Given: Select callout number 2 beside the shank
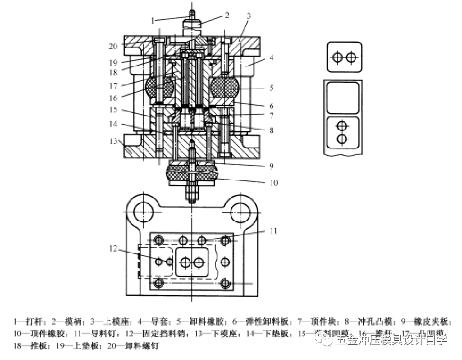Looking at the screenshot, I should [227, 15].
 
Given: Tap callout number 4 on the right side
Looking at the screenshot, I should [271, 58].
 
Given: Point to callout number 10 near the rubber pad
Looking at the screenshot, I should [273, 183].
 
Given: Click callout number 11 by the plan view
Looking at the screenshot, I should [273, 231].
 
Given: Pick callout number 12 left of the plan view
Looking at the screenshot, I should [114, 249].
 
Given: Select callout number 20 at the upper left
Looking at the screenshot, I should [113, 46].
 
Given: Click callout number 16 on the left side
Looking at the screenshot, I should [114, 98].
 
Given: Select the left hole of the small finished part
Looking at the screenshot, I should [337, 58].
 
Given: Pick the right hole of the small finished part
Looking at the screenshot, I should [351, 58].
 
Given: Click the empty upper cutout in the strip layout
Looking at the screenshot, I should [343, 97].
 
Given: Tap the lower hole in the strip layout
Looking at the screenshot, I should [343, 138].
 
